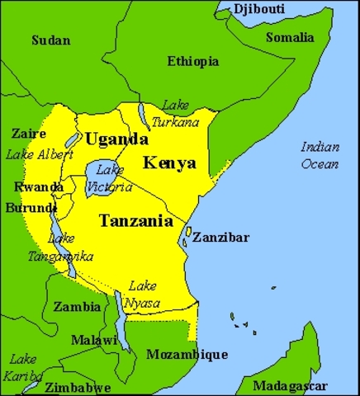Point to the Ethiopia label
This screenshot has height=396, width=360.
click(x=192, y=61)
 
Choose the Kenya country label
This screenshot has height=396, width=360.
click(x=169, y=162)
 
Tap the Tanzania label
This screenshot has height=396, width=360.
click(x=135, y=220)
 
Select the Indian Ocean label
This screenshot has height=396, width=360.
click(x=319, y=155)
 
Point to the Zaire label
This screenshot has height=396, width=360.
click(x=29, y=133)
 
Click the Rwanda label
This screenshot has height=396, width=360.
click(x=38, y=186)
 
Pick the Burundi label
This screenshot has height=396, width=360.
click(x=31, y=207)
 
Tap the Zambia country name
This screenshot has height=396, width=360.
click(x=77, y=306)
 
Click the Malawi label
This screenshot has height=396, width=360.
click(x=93, y=340)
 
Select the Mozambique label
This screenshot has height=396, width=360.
click(x=187, y=355)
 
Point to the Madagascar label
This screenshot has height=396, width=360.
click(x=290, y=386)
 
